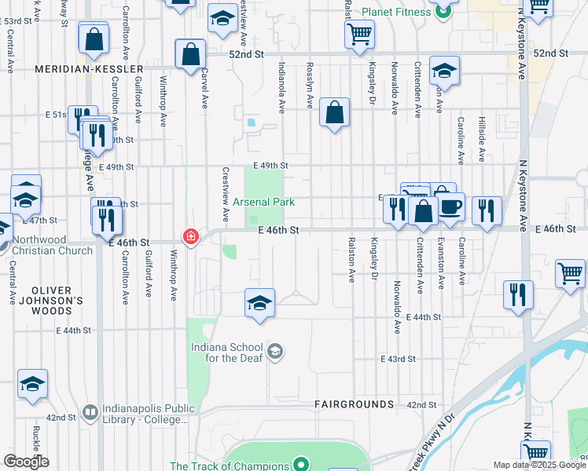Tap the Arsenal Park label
[x=263, y=202]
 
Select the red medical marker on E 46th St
[x=189, y=235]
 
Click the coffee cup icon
[x=450, y=206]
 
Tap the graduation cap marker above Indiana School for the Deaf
[x=259, y=302]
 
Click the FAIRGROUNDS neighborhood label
[x=354, y=404]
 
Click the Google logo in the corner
[x=26, y=462]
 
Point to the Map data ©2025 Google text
[x=539, y=465]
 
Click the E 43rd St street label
[x=397, y=359]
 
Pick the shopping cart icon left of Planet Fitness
[x=359, y=34]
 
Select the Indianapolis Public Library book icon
[x=90, y=412]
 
